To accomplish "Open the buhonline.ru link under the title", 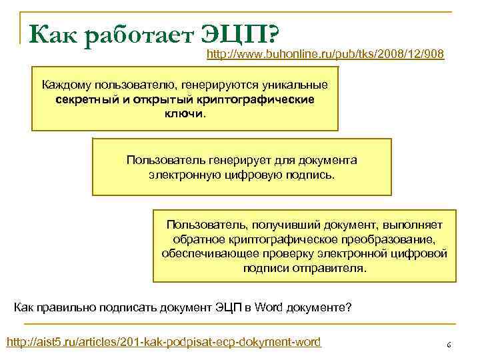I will (325, 53).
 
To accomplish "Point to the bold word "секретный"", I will (82, 99).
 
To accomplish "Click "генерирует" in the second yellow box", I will (225, 160).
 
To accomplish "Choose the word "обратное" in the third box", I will (195, 239).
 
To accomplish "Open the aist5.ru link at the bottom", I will (163, 342).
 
